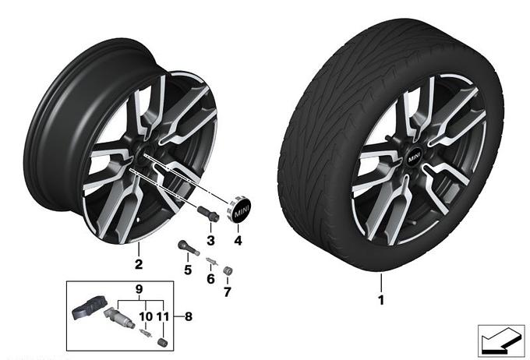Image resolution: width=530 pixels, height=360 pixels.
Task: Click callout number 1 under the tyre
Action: click(x=381, y=300)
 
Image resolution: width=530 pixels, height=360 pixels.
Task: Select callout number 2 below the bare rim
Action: click(x=139, y=264)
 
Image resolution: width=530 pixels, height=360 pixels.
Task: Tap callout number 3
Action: click(x=210, y=241)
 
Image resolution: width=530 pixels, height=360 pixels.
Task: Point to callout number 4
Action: click(x=238, y=241)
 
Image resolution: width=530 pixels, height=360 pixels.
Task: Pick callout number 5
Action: click(x=188, y=270)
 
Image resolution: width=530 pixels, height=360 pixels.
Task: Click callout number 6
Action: click(x=210, y=279)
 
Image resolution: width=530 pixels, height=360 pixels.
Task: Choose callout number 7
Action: click(x=228, y=291)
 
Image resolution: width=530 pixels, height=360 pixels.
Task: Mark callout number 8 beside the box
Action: click(x=189, y=316)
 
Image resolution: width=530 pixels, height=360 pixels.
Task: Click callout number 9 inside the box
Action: click(x=139, y=289)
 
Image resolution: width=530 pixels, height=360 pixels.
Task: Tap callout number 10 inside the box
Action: click(x=146, y=316)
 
